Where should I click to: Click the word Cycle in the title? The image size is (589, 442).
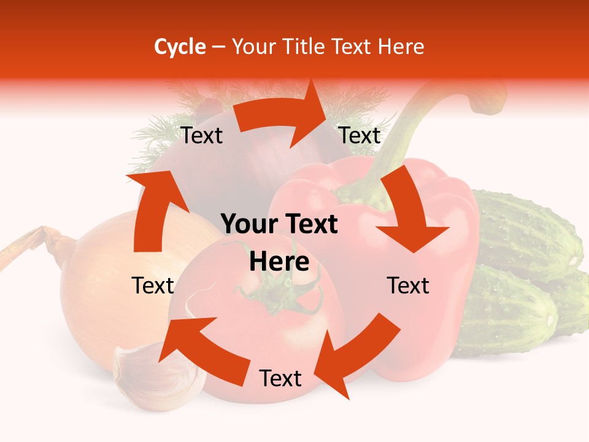(180, 47)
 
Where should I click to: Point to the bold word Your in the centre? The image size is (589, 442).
(249, 225)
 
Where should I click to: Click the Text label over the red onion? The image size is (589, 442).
(202, 136)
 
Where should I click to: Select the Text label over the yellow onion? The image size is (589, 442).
(153, 285)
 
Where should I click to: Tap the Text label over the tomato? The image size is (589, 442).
(280, 379)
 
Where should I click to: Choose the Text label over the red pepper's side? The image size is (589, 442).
(408, 285)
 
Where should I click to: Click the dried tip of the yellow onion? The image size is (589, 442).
(28, 246)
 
